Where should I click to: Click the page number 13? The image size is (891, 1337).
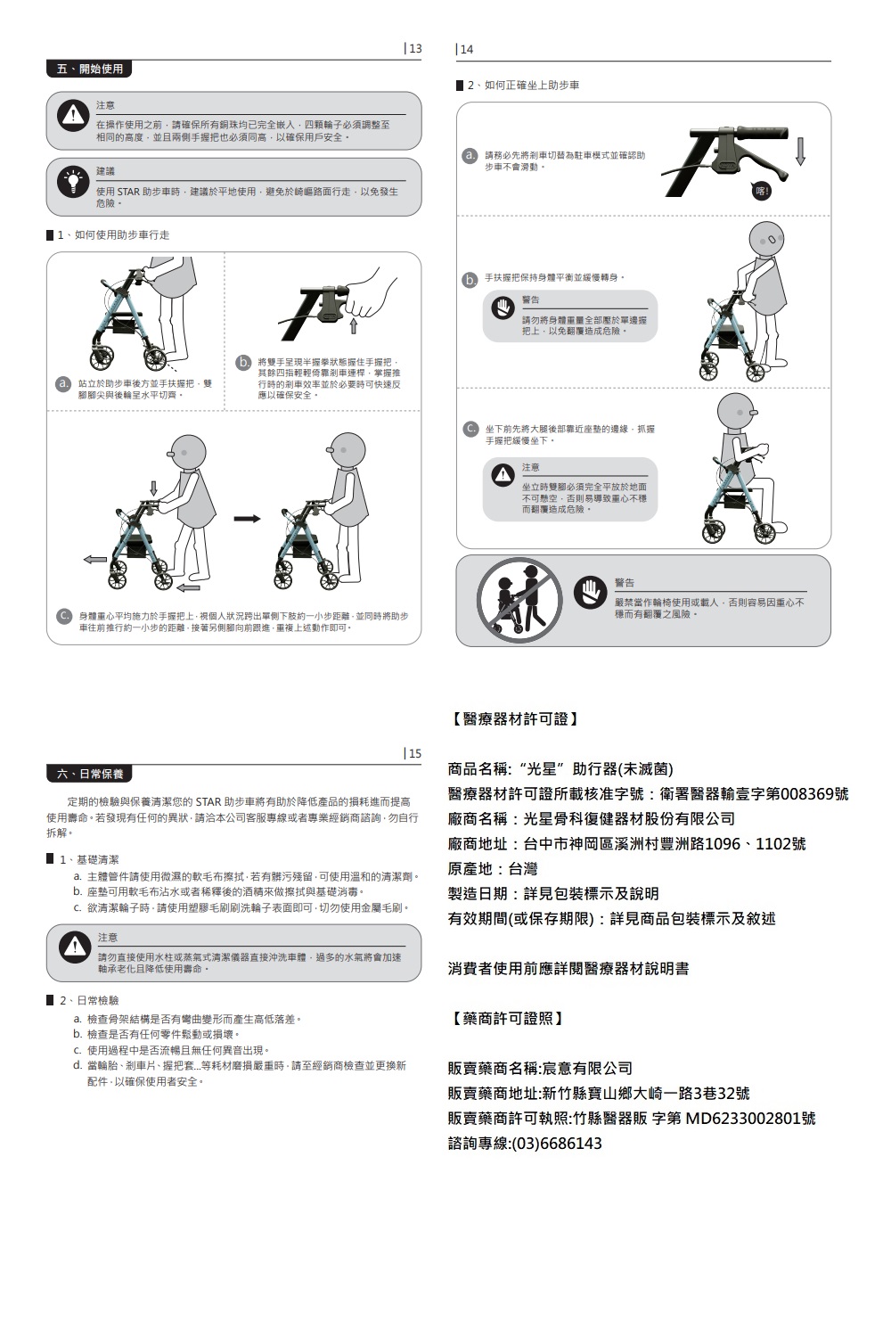(x=413, y=48)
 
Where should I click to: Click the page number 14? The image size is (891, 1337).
(x=466, y=49)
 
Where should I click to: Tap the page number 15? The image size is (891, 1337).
(x=413, y=753)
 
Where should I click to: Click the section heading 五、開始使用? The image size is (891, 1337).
(x=89, y=69)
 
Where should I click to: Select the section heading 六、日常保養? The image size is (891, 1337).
(x=89, y=774)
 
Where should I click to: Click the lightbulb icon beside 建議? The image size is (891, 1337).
(x=70, y=181)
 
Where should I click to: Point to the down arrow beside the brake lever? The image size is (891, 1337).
(x=800, y=152)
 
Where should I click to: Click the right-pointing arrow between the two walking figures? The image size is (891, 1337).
(x=248, y=518)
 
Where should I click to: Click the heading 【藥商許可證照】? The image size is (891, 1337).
(x=505, y=1018)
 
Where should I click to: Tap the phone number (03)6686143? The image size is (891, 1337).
(x=556, y=1144)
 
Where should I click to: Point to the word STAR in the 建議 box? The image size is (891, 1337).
(x=129, y=192)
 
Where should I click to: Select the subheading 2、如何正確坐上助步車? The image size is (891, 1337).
(x=524, y=86)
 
